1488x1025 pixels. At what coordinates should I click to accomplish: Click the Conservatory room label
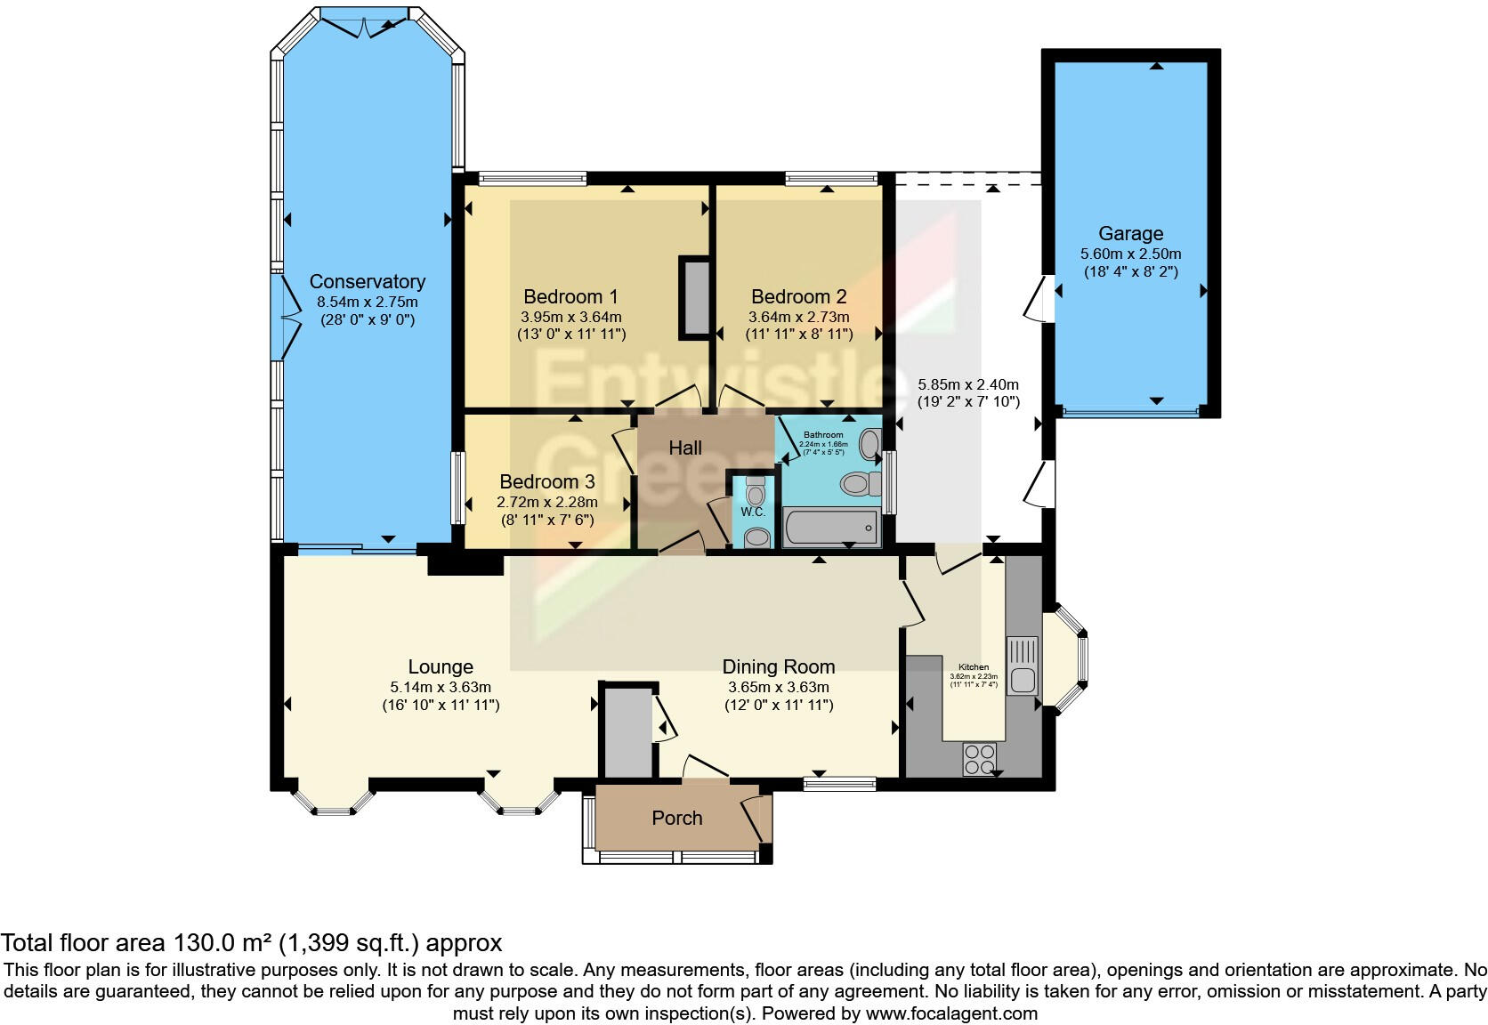367,282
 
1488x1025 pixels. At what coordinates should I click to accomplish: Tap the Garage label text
1130,234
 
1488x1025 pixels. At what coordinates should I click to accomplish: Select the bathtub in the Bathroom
831,528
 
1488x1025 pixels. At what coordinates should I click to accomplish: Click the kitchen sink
1022,666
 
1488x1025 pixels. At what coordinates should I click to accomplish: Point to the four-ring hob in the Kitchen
980,759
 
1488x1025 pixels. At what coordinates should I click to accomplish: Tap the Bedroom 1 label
570,297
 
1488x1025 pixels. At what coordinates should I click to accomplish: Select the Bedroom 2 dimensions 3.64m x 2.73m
798,317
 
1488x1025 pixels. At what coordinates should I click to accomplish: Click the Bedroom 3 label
547,482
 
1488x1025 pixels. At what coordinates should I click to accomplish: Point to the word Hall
685,448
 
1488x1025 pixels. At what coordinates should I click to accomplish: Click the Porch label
677,819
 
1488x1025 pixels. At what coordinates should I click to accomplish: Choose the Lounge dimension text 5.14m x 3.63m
441,687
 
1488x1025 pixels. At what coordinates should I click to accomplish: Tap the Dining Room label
778,667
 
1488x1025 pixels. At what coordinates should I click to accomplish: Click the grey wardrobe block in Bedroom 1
695,298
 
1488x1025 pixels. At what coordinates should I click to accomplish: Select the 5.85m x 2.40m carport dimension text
968,385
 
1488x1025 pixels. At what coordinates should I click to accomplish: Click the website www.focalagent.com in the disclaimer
950,1013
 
